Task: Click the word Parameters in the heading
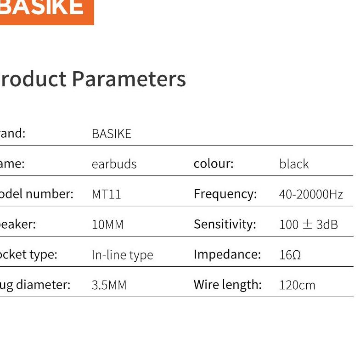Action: pyautogui.click(x=129, y=79)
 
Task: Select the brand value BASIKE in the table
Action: pyautogui.click(x=112, y=134)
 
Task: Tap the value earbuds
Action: pyautogui.click(x=114, y=164)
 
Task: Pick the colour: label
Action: pyautogui.click(x=214, y=163)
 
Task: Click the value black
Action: pyautogui.click(x=294, y=164)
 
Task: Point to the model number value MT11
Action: pyautogui.click(x=107, y=194)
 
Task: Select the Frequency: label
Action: pyautogui.click(x=225, y=194)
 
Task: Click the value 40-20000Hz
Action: pyautogui.click(x=311, y=194)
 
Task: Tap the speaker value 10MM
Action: pyautogui.click(x=107, y=225)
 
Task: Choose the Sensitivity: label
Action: pyautogui.click(x=225, y=224)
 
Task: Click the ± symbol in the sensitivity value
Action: pyautogui.click(x=307, y=225)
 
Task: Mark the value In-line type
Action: pyautogui.click(x=122, y=255)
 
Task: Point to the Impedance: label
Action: pyautogui.click(x=227, y=254)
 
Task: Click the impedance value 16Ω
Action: pyautogui.click(x=290, y=255)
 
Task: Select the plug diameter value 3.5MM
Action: pyautogui.click(x=109, y=285)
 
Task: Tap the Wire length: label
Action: pyautogui.click(x=227, y=285)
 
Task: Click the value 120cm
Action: pyautogui.click(x=297, y=285)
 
